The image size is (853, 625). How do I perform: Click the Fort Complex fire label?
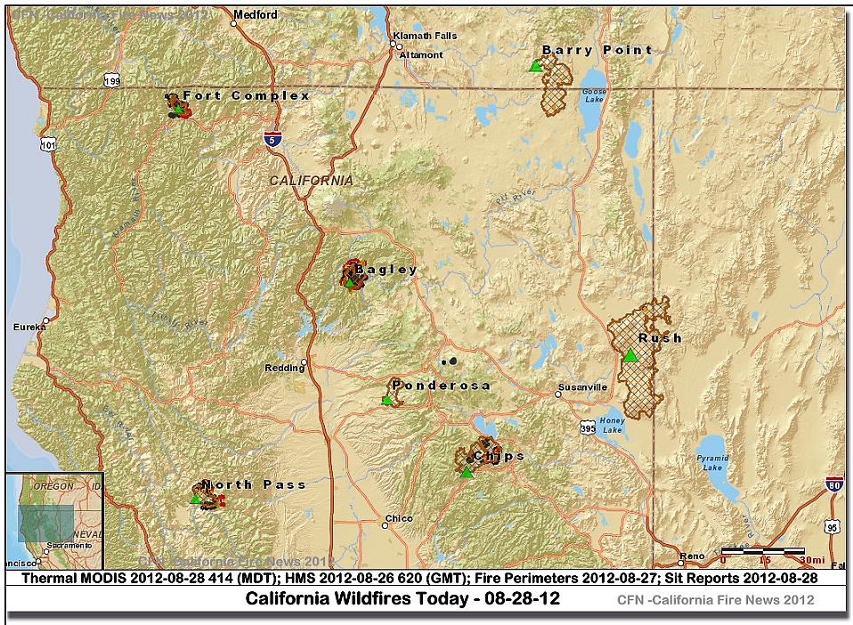coord(246,95)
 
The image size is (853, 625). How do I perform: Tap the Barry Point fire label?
coord(597,51)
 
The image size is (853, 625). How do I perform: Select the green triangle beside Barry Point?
coord(535,66)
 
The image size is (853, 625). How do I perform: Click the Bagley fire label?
coord(386,270)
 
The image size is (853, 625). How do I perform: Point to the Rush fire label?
coord(660,338)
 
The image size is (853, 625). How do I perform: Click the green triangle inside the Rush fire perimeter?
coord(630,356)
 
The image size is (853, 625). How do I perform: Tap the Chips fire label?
coord(499,457)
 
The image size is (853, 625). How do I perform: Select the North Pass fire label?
coord(254,485)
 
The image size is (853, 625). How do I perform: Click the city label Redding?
coord(284,368)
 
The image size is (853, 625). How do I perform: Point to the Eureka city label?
coord(28,328)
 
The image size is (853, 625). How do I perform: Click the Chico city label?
coord(399,518)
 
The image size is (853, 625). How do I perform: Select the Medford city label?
coord(255,15)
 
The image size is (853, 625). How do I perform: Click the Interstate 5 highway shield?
coord(272,138)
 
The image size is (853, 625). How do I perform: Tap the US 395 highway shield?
coord(585,427)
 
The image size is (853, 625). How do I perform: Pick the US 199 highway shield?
coord(111,81)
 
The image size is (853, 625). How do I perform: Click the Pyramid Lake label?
coord(711,462)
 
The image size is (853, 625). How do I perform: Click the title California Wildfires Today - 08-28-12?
coord(402,598)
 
